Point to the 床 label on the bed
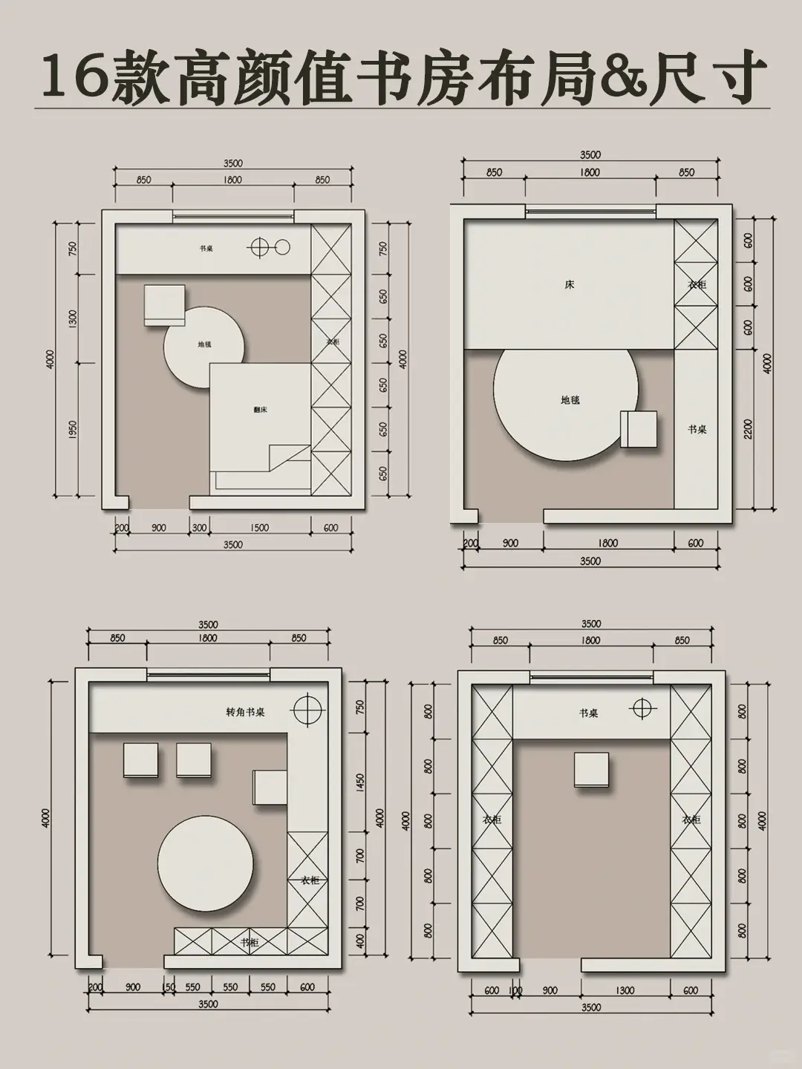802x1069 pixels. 570,284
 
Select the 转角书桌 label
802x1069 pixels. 245,712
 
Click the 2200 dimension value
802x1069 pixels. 748,429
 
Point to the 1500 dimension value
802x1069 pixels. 259,528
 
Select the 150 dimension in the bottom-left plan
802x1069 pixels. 169,987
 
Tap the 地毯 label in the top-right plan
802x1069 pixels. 570,400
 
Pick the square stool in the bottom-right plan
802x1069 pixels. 591,769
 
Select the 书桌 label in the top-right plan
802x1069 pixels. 697,430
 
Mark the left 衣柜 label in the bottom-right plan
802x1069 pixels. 492,820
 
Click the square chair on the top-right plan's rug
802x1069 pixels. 639,428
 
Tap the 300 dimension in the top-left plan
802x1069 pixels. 199,528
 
